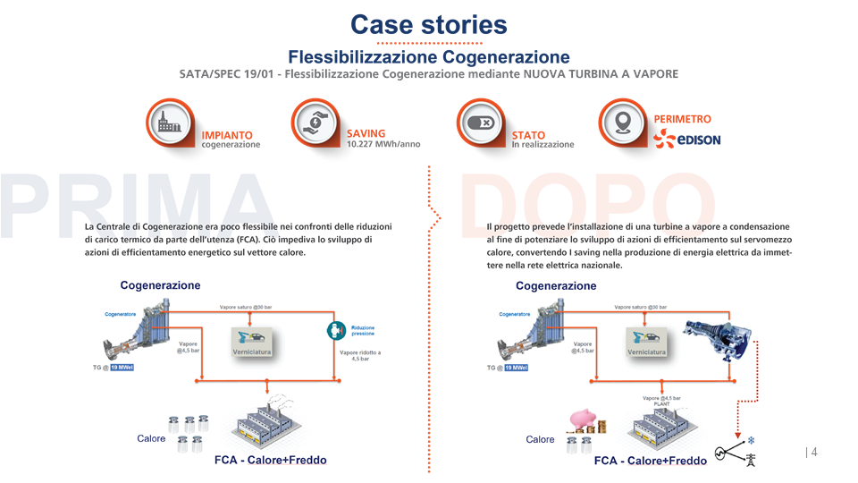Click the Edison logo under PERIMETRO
tap(686, 140)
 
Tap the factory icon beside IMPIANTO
tap(170, 123)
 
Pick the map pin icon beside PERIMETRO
tap(624, 123)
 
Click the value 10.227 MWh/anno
tap(383, 144)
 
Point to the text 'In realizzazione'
tap(543, 145)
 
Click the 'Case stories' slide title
tap(428, 24)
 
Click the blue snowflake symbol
tap(751, 441)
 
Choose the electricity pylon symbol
tap(749, 460)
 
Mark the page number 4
tap(814, 453)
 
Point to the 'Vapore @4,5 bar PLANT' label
tap(661, 401)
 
